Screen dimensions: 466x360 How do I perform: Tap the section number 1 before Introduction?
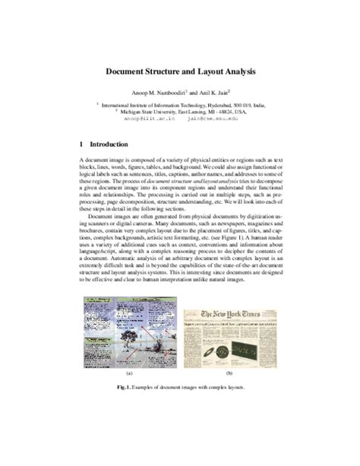(x=81, y=144)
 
